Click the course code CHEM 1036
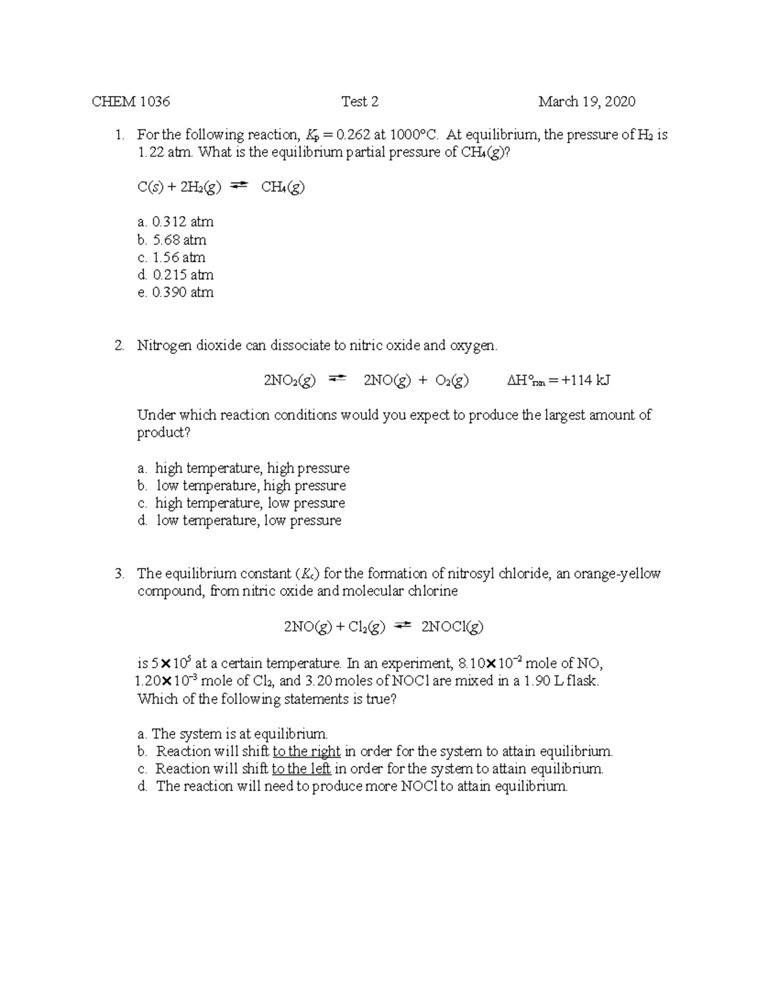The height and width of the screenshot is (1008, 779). (x=130, y=101)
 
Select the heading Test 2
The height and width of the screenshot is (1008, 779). (x=360, y=101)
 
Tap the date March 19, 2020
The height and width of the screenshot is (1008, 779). (x=586, y=101)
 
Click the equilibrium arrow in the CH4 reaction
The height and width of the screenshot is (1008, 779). (x=240, y=186)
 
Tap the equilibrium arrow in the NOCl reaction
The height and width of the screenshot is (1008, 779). (x=403, y=625)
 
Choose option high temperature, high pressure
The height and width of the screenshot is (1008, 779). (x=252, y=468)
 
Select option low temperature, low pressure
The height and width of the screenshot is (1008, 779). (x=249, y=521)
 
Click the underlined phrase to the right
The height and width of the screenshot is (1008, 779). (x=306, y=752)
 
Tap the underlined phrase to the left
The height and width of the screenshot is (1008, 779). (x=301, y=769)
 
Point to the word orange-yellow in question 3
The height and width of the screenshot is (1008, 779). (x=617, y=574)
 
